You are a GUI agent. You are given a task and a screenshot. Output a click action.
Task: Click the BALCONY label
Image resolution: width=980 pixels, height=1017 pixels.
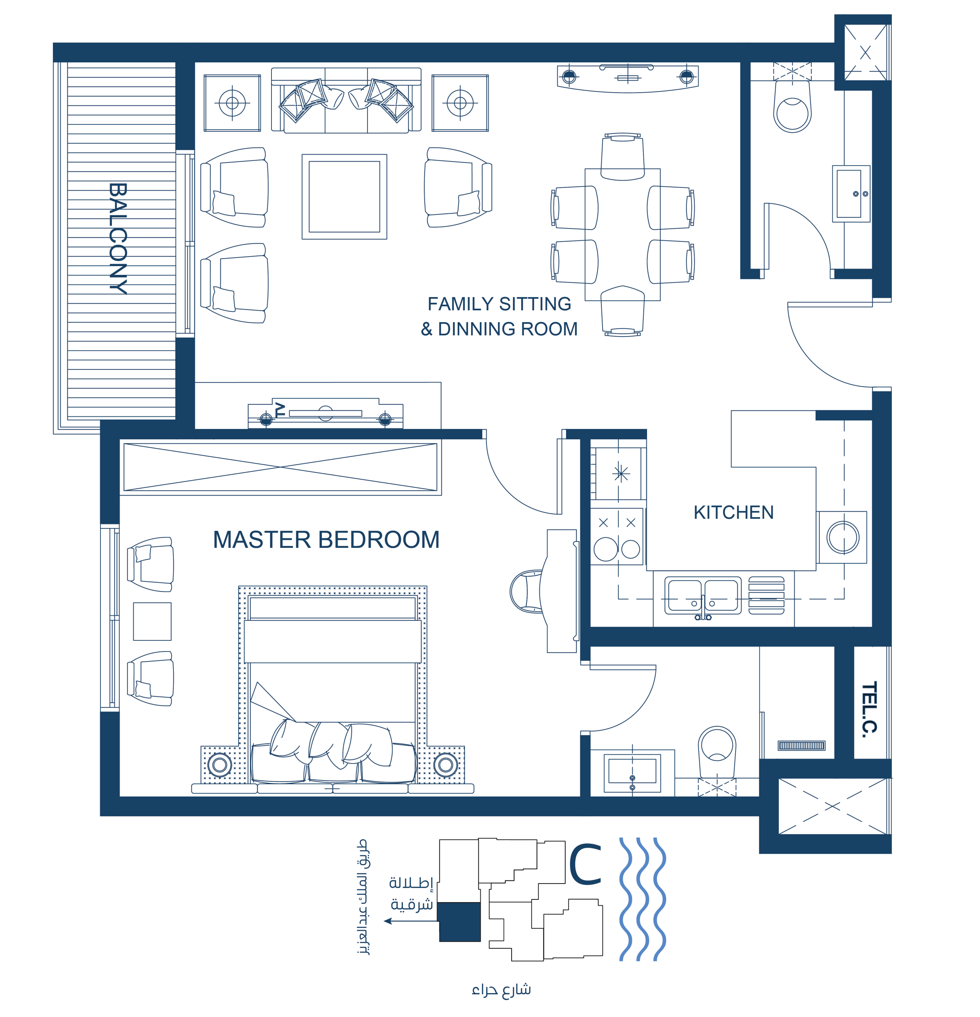click(x=118, y=239)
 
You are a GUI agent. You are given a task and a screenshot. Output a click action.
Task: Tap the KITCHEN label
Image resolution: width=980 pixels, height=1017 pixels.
click(x=733, y=512)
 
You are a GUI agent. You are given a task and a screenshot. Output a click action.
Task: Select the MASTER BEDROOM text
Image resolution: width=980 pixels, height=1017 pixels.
click(x=326, y=539)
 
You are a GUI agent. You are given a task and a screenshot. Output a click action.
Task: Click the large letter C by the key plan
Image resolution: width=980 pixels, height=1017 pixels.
click(x=585, y=864)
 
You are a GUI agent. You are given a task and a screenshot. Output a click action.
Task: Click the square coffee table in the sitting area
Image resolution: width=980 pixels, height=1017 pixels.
click(x=344, y=197)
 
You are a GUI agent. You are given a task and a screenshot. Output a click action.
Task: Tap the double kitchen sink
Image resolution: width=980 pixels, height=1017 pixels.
click(x=703, y=596)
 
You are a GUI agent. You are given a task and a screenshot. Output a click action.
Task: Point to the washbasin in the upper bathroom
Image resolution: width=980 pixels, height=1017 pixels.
click(x=851, y=193)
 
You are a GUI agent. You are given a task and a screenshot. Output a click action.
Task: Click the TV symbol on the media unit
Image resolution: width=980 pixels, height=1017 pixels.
click(x=280, y=410)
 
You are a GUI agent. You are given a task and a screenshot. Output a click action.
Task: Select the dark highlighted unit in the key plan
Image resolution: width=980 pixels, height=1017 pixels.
click(x=459, y=922)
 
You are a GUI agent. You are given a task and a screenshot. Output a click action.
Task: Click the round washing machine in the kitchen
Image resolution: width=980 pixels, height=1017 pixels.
click(x=843, y=538)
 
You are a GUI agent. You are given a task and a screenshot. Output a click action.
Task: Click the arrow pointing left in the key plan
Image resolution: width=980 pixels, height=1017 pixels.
click(x=411, y=921)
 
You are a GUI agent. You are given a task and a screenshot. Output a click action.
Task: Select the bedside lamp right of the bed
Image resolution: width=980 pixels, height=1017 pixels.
click(x=445, y=764)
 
